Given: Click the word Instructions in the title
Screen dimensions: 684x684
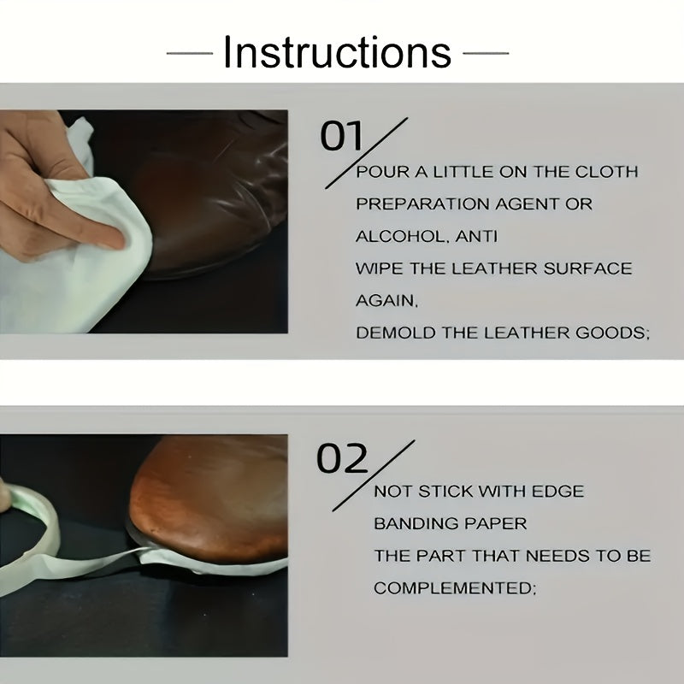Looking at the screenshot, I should point(337,52).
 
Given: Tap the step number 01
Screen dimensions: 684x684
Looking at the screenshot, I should point(341,137).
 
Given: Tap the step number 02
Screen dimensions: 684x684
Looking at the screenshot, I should point(342,460).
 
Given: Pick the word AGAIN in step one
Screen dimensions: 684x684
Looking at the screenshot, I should point(386,301).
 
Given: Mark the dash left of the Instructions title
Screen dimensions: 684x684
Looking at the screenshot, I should point(189,53).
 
